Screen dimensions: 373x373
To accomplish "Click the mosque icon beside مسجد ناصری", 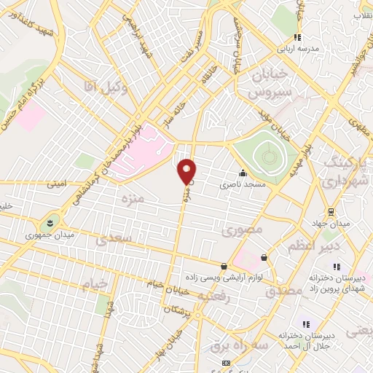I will (242, 173).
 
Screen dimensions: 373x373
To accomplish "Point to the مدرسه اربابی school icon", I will (297, 37).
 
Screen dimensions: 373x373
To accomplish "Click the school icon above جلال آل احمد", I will (306, 324).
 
